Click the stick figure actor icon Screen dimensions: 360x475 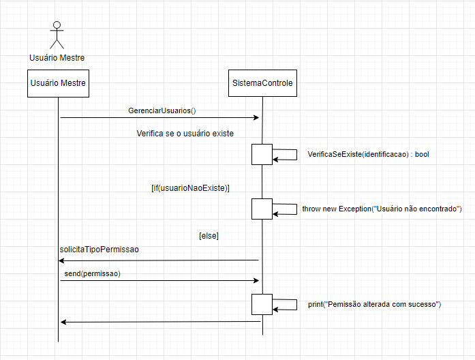click(x=57, y=35)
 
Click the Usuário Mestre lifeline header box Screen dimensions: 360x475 click(x=58, y=83)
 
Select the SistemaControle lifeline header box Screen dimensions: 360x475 click(x=262, y=83)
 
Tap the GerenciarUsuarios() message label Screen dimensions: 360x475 click(x=162, y=110)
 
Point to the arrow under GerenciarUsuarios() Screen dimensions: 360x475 click(x=159, y=118)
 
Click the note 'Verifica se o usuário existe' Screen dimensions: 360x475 click(x=185, y=134)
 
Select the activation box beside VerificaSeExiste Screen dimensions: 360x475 click(x=262, y=154)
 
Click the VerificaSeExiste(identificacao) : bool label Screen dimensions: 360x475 click(x=368, y=155)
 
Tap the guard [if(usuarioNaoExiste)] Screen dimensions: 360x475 click(x=190, y=187)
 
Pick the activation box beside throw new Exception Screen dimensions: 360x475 click(x=262, y=209)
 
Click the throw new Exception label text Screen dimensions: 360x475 click(x=382, y=209)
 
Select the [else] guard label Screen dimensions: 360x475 click(x=209, y=236)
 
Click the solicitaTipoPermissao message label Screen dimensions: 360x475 click(x=99, y=250)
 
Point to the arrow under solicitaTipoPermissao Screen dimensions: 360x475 click(x=159, y=260)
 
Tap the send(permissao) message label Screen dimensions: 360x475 click(x=92, y=273)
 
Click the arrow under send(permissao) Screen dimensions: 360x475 click(x=159, y=280)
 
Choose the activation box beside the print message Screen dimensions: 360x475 click(x=262, y=304)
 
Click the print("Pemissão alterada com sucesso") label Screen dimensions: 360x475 click(x=374, y=304)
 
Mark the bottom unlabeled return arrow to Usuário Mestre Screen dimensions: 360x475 click(x=159, y=321)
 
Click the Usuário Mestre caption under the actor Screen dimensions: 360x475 click(x=57, y=57)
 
